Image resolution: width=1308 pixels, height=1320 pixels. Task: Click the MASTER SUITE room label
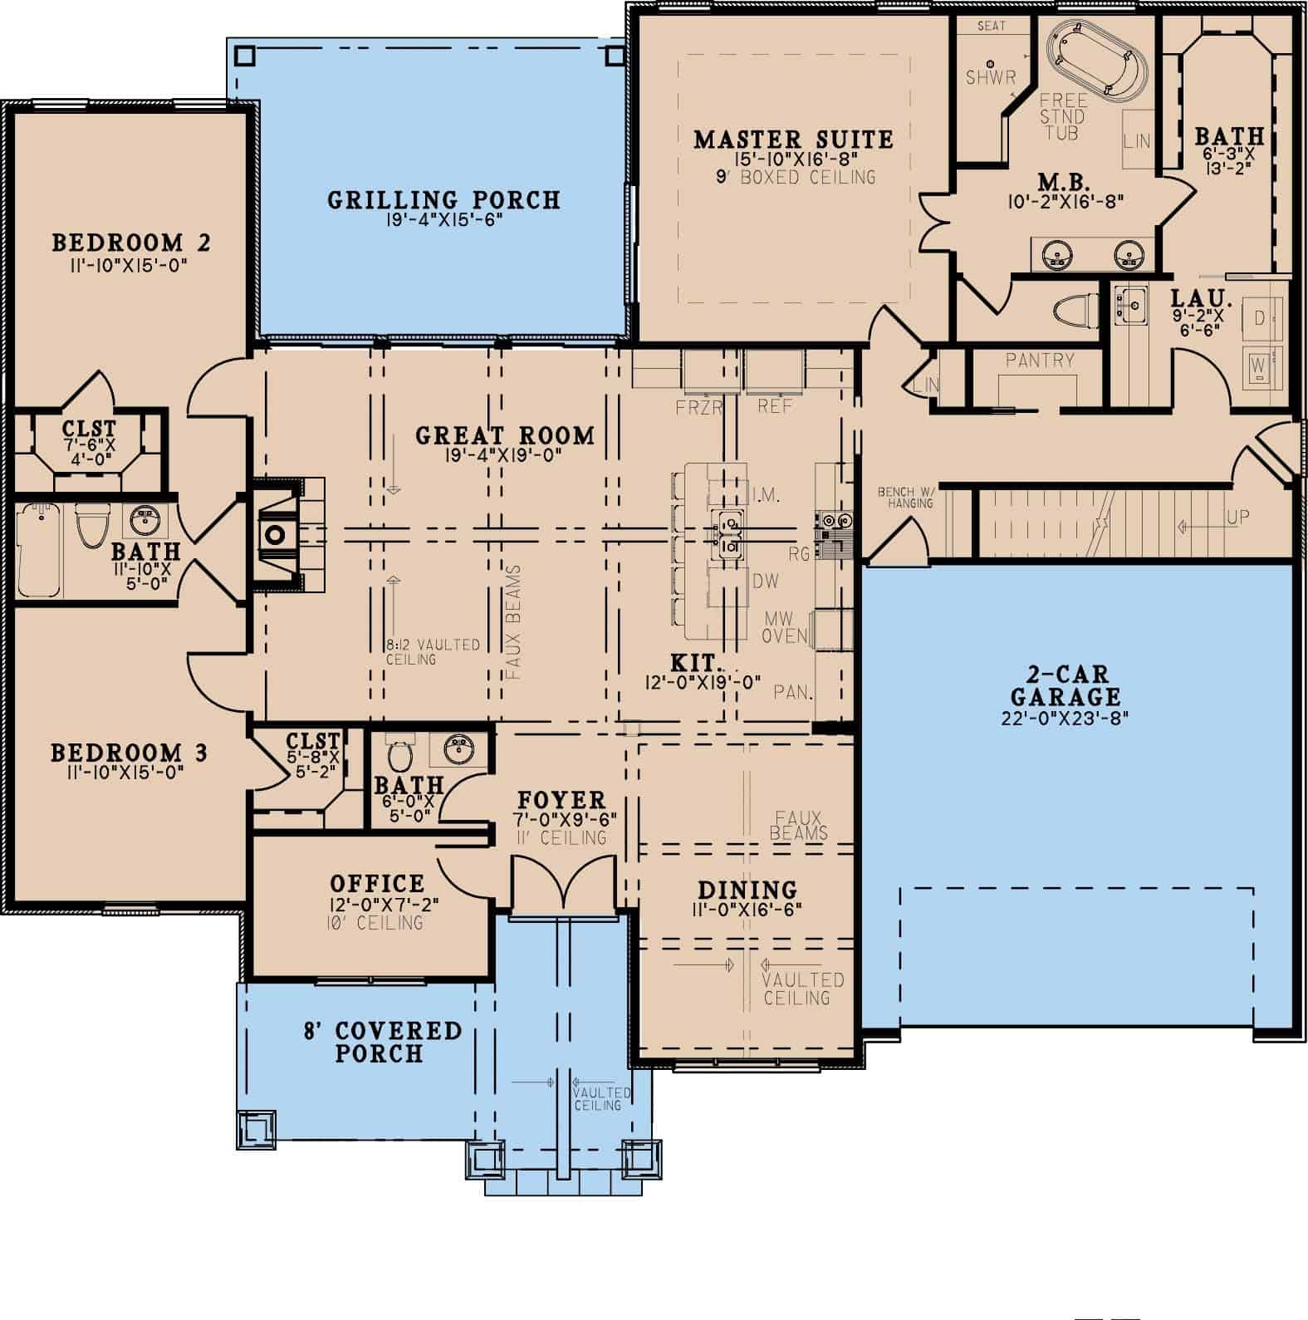[793, 139]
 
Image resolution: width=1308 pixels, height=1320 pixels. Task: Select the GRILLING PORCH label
[443, 200]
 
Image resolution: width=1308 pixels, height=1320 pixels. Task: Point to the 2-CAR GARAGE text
[1066, 685]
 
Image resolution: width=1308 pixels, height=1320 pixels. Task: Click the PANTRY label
[1039, 361]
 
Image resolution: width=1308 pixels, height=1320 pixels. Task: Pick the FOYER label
[561, 800]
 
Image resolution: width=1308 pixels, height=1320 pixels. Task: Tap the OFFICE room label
[377, 883]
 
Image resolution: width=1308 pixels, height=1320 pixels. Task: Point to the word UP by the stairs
[1237, 517]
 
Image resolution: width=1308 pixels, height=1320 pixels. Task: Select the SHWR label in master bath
[991, 78]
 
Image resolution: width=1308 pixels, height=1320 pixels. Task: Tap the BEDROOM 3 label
[129, 753]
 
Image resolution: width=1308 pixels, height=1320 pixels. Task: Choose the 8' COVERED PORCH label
[381, 1042]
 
